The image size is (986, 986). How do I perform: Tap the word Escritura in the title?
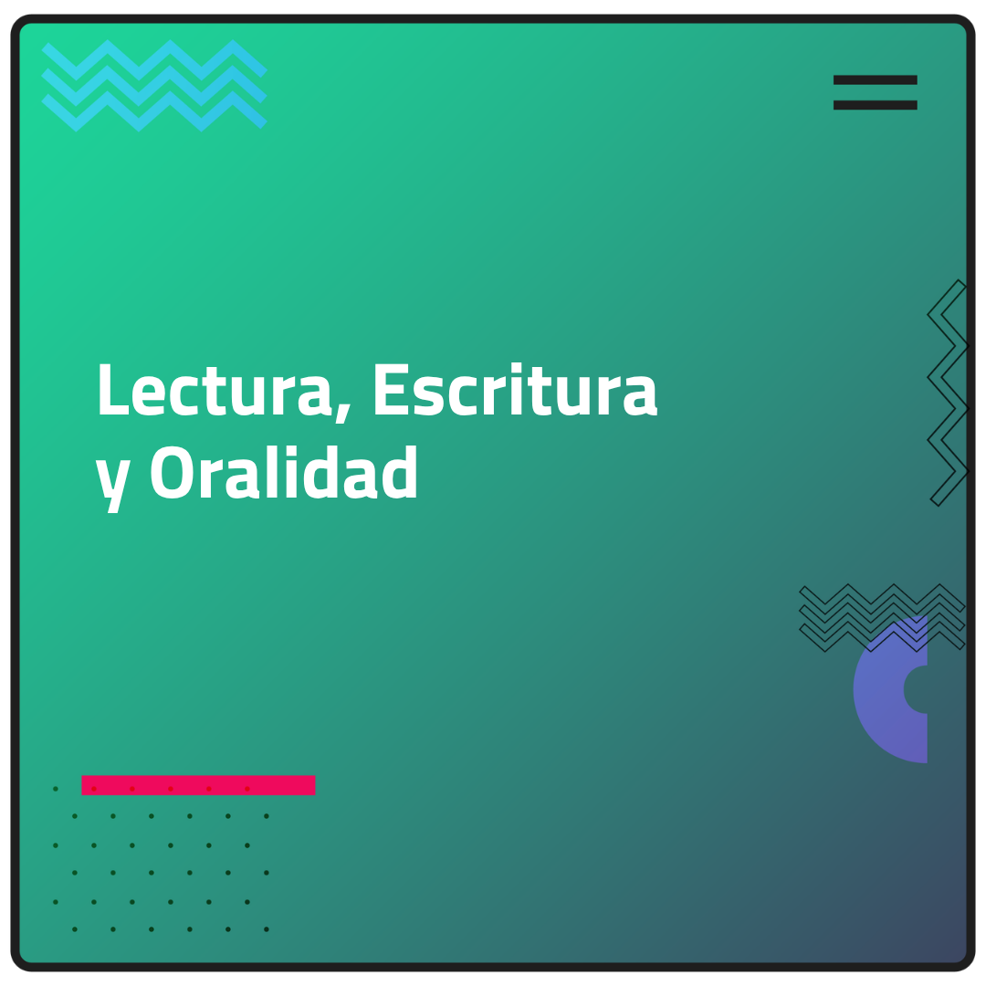click(x=516, y=390)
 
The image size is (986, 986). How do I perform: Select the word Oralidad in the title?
click(x=284, y=472)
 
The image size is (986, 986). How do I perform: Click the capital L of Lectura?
click(x=112, y=390)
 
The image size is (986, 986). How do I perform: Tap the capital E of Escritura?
click(x=388, y=390)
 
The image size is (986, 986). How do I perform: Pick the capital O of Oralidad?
click(x=171, y=472)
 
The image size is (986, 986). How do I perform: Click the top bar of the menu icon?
click(x=875, y=79)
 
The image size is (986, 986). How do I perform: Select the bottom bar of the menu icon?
click(x=875, y=105)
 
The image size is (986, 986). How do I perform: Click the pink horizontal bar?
click(x=198, y=785)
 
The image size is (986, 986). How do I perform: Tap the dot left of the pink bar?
click(x=56, y=789)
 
